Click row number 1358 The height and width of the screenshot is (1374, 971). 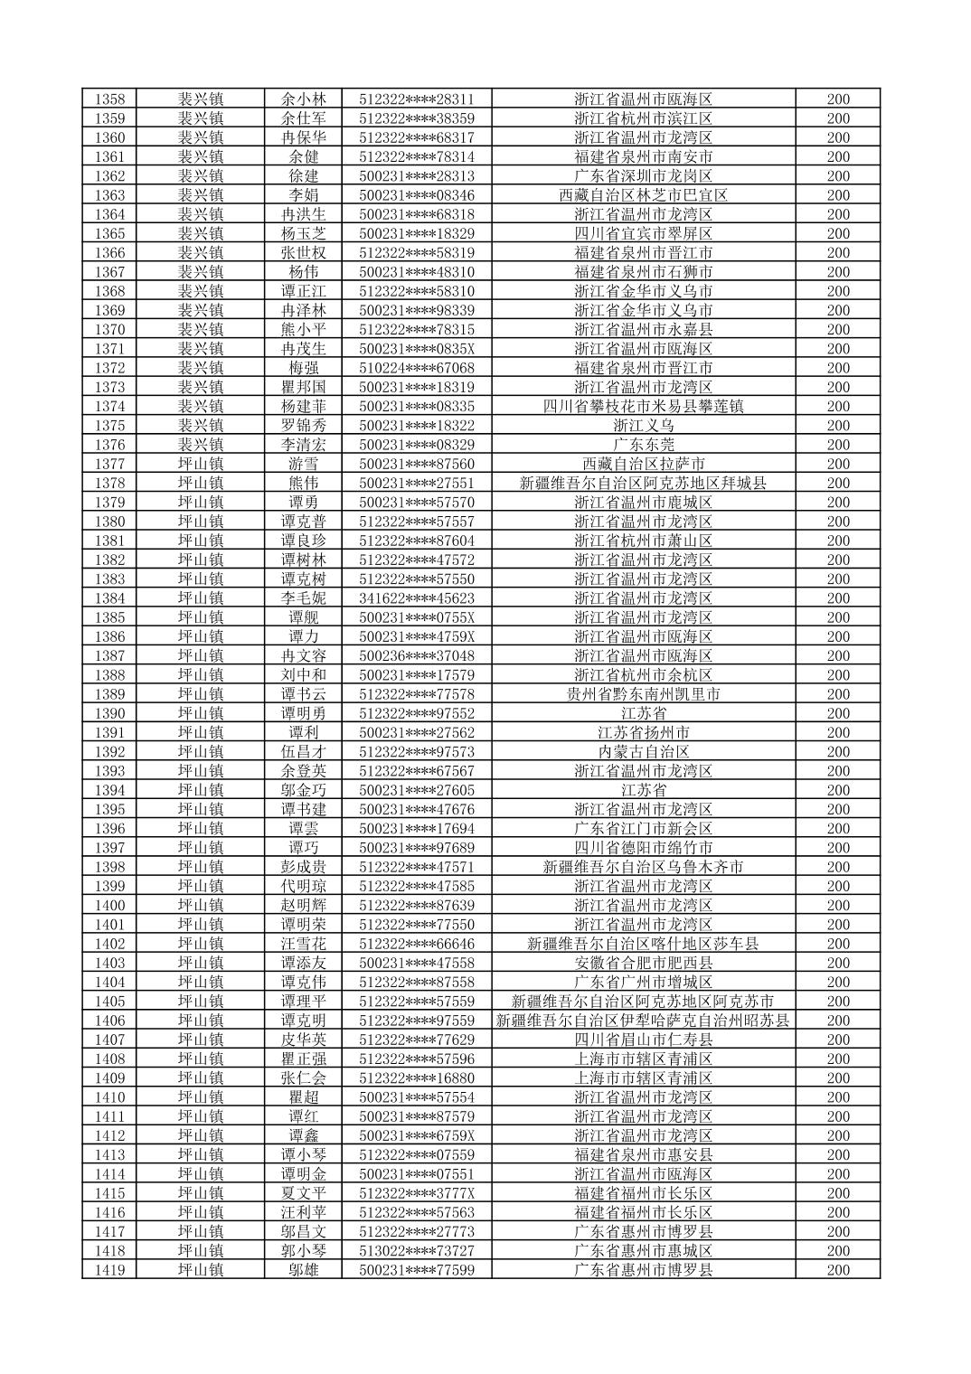(x=109, y=99)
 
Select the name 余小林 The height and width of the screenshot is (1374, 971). (x=303, y=99)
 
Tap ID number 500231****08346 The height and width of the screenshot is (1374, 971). (x=416, y=195)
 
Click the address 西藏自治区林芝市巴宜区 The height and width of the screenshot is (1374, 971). (x=643, y=195)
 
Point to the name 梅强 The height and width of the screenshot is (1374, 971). (x=303, y=368)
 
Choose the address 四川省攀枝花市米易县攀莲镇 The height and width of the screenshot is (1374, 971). (x=643, y=407)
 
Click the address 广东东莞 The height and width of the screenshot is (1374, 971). (x=643, y=445)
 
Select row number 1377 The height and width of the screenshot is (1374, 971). (x=109, y=464)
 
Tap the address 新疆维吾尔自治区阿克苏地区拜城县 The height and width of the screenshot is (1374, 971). (x=643, y=484)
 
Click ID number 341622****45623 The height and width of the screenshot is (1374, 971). (x=416, y=598)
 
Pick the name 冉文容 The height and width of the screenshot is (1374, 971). (x=303, y=656)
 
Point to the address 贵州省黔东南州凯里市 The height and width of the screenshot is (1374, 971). (x=643, y=694)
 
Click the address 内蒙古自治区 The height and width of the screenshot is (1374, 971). (x=643, y=752)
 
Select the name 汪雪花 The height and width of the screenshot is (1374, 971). (x=303, y=944)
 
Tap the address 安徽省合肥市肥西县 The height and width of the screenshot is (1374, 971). (x=643, y=963)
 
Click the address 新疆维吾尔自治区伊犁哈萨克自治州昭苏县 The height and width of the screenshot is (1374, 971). (x=643, y=1021)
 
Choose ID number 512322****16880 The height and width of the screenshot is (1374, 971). (x=416, y=1078)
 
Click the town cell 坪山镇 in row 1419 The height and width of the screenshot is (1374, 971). (x=200, y=1270)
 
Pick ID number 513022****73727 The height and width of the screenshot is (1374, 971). (x=416, y=1251)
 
